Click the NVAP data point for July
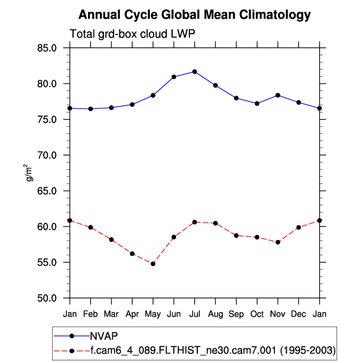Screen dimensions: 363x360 pyautogui.click(x=195, y=72)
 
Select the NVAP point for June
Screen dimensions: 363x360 pyautogui.click(x=174, y=77)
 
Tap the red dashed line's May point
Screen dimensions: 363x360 pyautogui.click(x=153, y=264)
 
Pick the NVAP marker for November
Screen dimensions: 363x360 pyautogui.click(x=278, y=95)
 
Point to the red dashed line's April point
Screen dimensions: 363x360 pyautogui.click(x=132, y=253)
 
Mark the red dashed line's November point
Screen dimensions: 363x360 pyautogui.click(x=278, y=242)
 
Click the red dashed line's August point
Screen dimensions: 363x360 pyautogui.click(x=215, y=223)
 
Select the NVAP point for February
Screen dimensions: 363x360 pyautogui.click(x=90, y=109)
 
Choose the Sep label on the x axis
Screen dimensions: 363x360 pyautogui.click(x=236, y=314)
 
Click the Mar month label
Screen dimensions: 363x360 pyautogui.click(x=111, y=314)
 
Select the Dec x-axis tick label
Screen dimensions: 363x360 pyautogui.click(x=299, y=314)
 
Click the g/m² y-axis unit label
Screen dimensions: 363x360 pyautogui.click(x=30, y=173)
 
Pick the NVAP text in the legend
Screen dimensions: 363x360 pyautogui.click(x=104, y=336)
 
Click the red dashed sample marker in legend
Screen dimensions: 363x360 pyautogui.click(x=72, y=351)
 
